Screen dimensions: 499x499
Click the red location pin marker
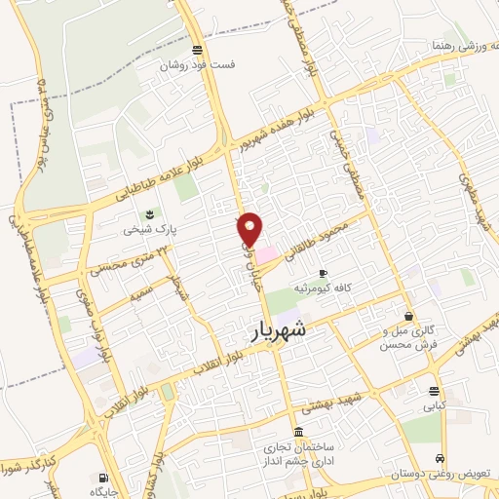tap(250, 229)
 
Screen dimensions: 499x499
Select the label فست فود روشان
tap(199, 65)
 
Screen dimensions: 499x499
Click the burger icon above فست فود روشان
tap(198, 50)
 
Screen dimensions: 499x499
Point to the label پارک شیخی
tap(144, 231)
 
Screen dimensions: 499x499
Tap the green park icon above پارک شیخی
tap(149, 213)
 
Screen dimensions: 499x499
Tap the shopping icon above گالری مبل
tap(408, 316)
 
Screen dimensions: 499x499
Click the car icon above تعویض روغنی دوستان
tap(441, 458)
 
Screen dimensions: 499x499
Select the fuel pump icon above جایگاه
tap(102, 478)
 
